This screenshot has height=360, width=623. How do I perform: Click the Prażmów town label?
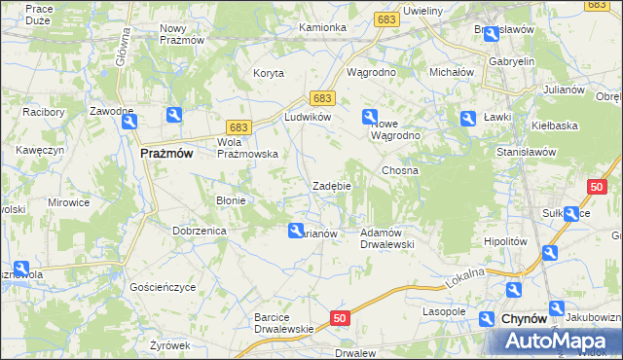click(166, 153)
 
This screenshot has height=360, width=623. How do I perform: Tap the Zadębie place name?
click(331, 185)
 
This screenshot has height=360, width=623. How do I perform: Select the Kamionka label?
click(323, 27)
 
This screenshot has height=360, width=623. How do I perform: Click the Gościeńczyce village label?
click(163, 288)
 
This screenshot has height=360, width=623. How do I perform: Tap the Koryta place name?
click(269, 73)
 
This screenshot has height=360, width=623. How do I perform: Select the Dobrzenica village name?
click(200, 231)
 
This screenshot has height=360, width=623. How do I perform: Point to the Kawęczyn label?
click(40, 150)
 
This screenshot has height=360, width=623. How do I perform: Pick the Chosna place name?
click(400, 170)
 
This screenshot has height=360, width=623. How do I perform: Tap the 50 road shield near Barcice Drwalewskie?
click(339, 318)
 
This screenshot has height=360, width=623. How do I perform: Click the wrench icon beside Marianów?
click(295, 231)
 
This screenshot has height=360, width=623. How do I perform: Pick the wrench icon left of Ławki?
click(467, 118)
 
